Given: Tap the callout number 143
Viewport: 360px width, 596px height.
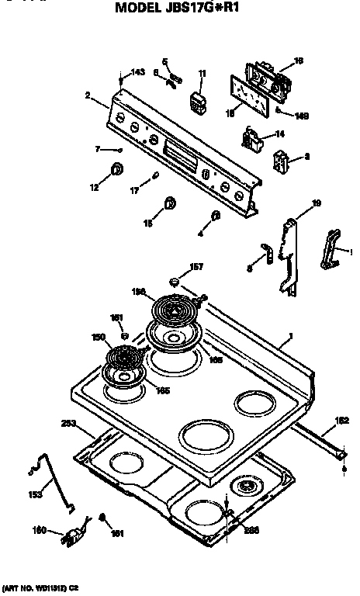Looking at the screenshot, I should click(x=137, y=72).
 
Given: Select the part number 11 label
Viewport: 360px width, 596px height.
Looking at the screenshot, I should click(x=202, y=73).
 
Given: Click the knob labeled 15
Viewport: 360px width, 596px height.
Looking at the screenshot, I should click(x=169, y=204).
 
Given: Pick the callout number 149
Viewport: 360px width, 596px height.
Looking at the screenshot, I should click(x=302, y=116).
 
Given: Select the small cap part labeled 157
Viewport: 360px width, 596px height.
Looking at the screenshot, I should click(x=176, y=280).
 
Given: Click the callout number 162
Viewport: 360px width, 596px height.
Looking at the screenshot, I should click(x=341, y=420).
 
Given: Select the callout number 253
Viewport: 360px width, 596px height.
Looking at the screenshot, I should click(x=69, y=424).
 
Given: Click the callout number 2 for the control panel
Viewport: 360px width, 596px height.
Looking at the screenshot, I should click(x=88, y=95).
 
